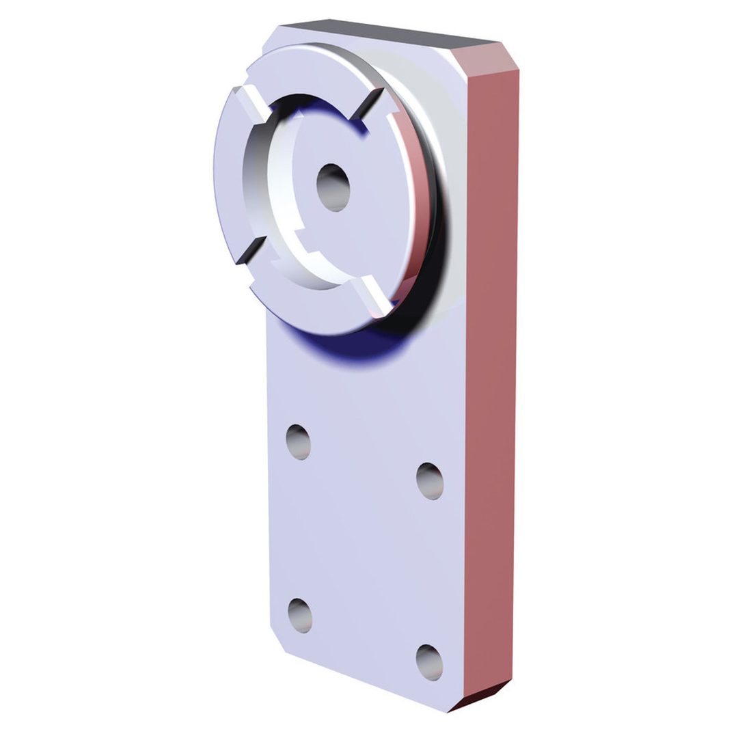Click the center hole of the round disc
pos(333,187)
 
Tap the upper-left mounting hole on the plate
pos(298,441)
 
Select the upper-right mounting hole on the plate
pos(430,481)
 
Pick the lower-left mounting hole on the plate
pos(300,615)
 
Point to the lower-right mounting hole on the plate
pos(429,662)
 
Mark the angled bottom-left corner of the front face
pos(277,639)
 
